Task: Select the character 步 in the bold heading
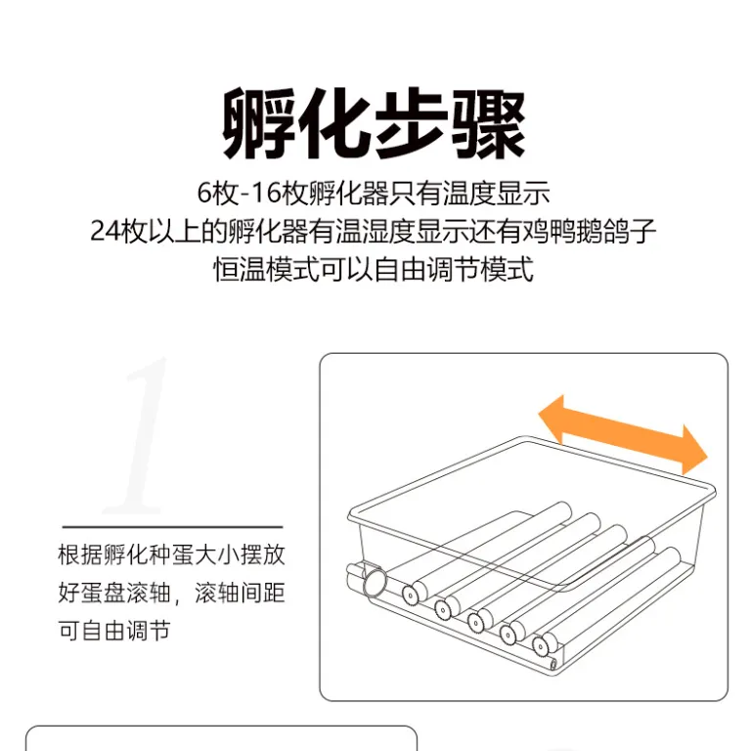[x=412, y=123]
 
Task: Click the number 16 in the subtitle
[x=265, y=193]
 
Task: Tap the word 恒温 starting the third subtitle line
[x=239, y=269]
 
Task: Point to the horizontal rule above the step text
[x=172, y=527]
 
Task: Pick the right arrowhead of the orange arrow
[x=693, y=451]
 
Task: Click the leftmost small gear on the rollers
[x=410, y=595]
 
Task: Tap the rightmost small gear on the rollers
[x=540, y=647]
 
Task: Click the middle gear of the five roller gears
[x=475, y=622]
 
